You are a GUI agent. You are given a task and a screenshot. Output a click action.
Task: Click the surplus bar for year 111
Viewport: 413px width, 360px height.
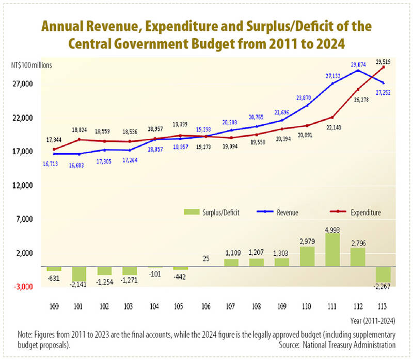pos(332,250)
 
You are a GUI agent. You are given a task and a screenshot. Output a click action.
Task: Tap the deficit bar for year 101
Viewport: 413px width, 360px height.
pos(79,274)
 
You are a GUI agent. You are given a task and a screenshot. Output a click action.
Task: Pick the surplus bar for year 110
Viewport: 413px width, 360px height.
pos(307,256)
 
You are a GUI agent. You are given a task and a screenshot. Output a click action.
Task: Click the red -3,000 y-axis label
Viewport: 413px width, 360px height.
pos(23,287)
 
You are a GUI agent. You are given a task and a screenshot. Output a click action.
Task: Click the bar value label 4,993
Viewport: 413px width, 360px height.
pos(332,228)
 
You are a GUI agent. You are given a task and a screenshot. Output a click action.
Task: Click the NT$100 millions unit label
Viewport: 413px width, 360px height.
pos(30,65)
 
